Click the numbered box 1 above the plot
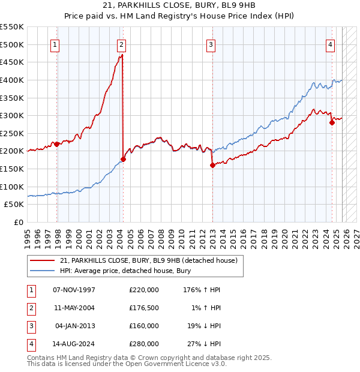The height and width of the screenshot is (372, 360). point(55,44)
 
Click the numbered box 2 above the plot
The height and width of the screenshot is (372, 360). point(121,44)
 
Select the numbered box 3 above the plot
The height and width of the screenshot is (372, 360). point(211,44)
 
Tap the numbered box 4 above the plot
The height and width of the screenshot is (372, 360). point(331,44)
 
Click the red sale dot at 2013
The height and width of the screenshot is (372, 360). point(212,166)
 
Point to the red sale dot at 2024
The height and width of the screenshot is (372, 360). point(332,123)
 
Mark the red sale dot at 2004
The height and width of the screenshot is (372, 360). point(123,160)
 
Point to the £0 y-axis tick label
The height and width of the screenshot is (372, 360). point(18,222)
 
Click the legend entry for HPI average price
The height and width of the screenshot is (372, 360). point(125,271)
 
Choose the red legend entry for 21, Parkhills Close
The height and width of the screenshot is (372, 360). point(149,260)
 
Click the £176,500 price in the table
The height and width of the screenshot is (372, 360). point(144,308)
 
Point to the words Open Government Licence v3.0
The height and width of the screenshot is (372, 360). point(175,364)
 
